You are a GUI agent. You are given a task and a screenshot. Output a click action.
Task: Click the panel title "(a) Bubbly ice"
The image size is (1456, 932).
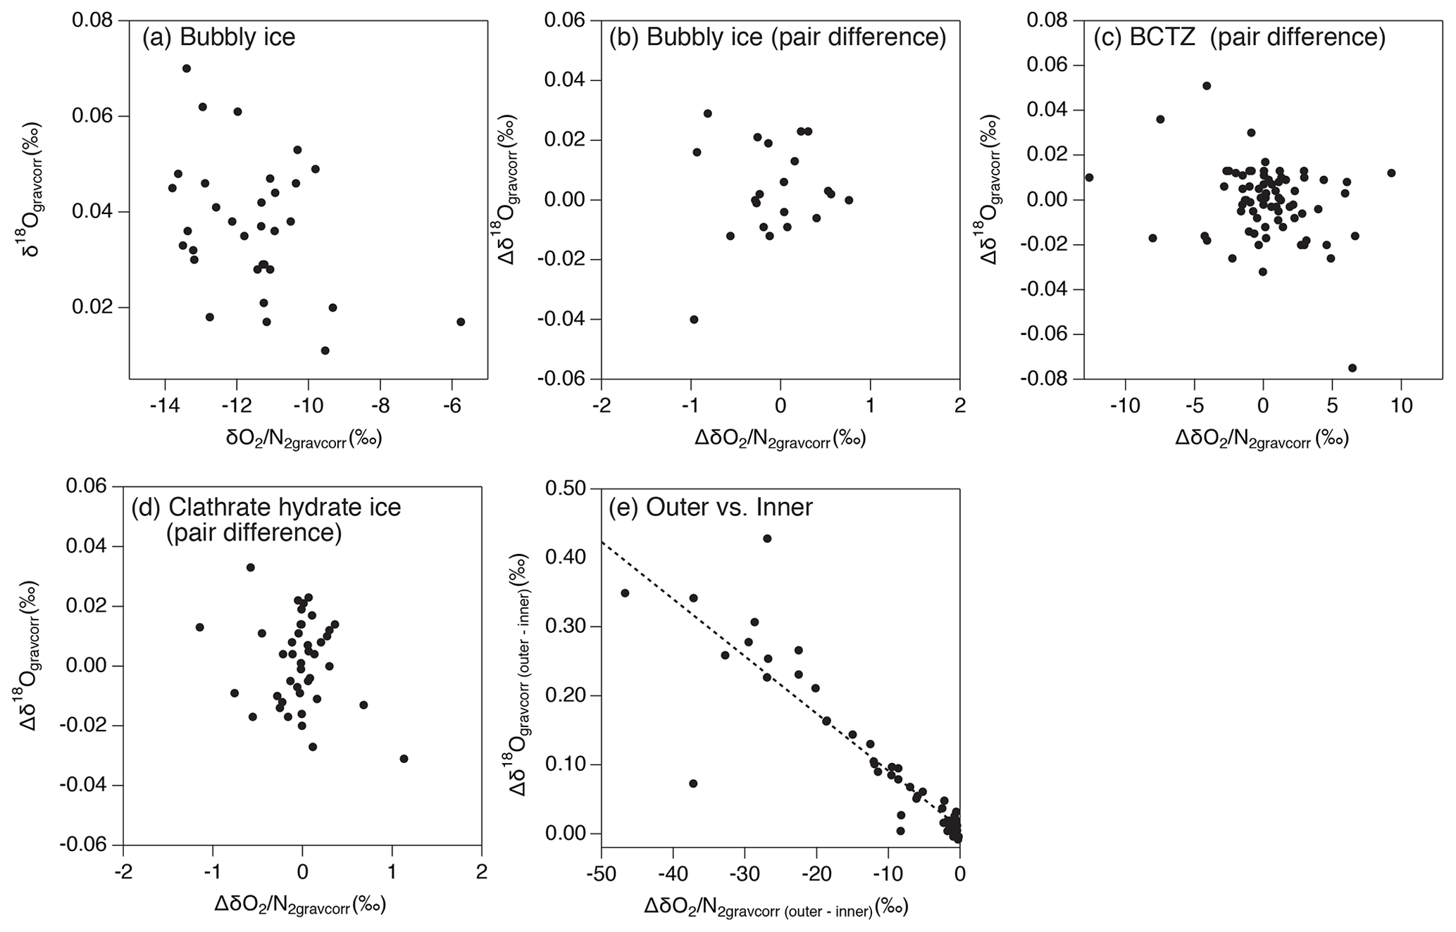[218, 37]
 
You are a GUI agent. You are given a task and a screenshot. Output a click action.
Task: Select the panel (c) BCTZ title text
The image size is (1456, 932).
[1239, 37]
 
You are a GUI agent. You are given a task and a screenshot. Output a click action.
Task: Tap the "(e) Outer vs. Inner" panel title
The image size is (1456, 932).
[711, 507]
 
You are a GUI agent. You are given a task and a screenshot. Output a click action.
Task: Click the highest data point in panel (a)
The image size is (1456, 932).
[187, 68]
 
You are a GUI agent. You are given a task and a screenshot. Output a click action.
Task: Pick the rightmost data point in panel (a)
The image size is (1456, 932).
[461, 322]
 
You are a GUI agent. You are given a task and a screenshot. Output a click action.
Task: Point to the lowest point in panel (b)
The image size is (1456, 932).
[694, 320]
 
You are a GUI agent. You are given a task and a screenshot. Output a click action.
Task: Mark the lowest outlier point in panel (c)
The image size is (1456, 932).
[1352, 367]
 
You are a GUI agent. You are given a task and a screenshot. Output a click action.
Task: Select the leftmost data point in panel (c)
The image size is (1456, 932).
[1089, 177]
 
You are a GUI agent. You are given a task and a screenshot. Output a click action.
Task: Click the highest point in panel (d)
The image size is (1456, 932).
[250, 567]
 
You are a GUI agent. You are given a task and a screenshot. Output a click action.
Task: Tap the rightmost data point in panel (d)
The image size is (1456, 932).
[404, 759]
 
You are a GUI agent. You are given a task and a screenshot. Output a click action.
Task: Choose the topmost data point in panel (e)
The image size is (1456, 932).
[767, 539]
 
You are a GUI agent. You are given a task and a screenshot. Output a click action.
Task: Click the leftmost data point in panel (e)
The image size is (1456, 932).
[625, 593]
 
